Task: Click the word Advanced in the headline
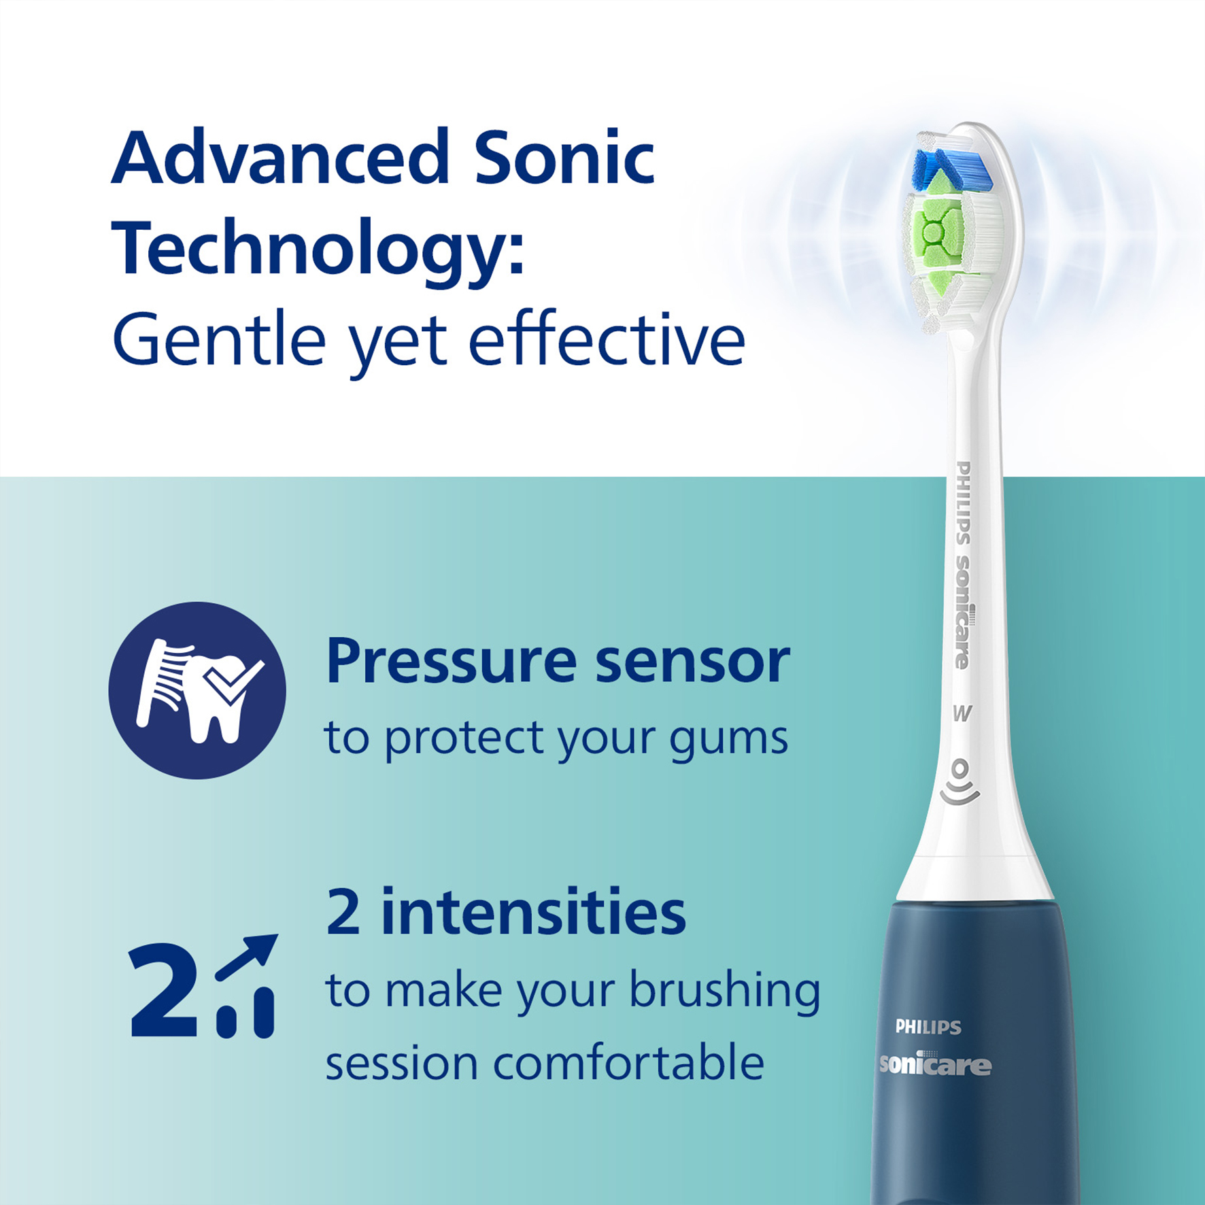(x=281, y=157)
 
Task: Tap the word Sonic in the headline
(x=564, y=157)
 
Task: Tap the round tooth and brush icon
(x=197, y=690)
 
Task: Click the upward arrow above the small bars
(x=246, y=957)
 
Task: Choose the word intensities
(x=533, y=913)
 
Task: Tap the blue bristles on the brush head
(x=950, y=170)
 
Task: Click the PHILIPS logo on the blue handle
(x=928, y=1027)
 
